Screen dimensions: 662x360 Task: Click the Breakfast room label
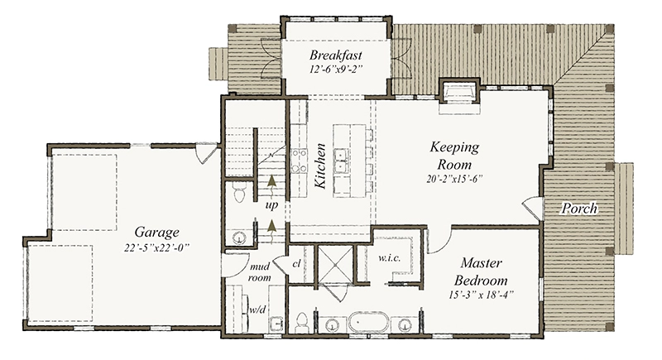[336, 55]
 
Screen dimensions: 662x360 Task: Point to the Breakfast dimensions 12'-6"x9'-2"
[336, 70]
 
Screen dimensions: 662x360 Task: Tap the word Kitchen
[320, 166]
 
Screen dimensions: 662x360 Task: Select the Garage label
[156, 233]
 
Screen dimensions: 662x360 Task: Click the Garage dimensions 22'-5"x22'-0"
[156, 248]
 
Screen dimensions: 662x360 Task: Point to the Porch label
[579, 209]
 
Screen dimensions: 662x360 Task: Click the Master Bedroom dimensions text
[481, 294]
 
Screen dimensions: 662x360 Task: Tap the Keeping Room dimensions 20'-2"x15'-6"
[454, 179]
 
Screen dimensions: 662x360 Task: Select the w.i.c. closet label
[389, 258]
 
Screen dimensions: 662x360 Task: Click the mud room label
[260, 272]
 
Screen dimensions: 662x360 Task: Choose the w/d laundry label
[257, 310]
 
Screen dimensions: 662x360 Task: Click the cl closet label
[296, 264]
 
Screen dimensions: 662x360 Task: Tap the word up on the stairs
[271, 206]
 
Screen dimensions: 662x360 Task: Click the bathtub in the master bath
[368, 324]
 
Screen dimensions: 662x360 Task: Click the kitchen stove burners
[299, 161]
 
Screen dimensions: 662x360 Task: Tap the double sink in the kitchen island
[341, 161]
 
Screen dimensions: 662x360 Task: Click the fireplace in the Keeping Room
[459, 91]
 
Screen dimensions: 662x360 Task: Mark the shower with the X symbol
[335, 263]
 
